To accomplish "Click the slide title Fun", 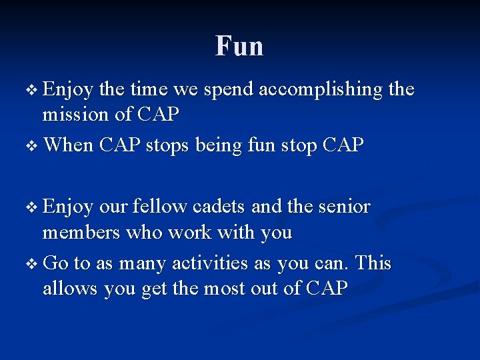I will [239, 46].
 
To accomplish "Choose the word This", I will [373, 263].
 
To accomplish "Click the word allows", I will [70, 289].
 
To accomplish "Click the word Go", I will [55, 263].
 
